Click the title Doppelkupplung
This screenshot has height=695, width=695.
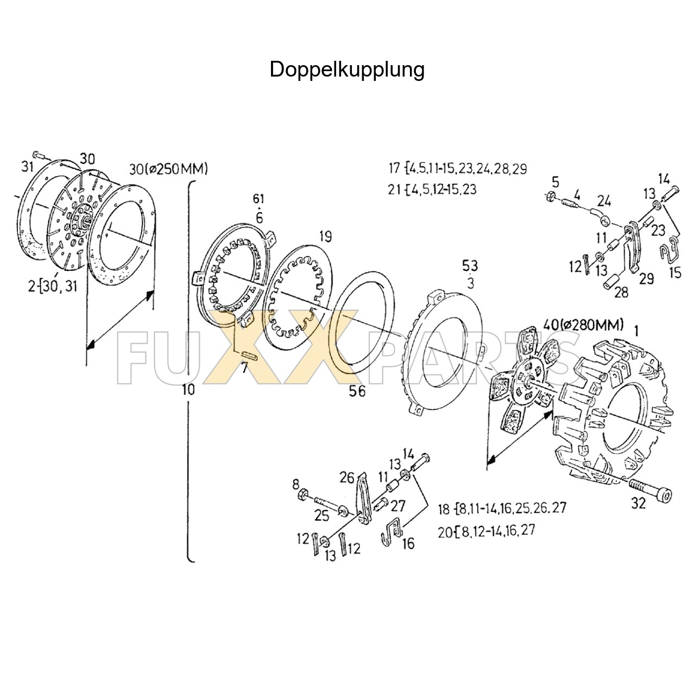[347, 69]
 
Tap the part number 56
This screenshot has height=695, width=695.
[357, 391]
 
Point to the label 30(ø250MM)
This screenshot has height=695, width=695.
[168, 169]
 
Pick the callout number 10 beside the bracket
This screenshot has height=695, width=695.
[188, 390]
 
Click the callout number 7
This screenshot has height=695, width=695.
[244, 368]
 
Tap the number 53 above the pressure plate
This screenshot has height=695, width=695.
[470, 266]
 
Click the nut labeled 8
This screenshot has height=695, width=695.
[305, 494]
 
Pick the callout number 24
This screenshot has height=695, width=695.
[604, 200]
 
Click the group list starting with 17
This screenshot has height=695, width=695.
[457, 168]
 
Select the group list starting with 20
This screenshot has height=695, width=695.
[486, 530]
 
